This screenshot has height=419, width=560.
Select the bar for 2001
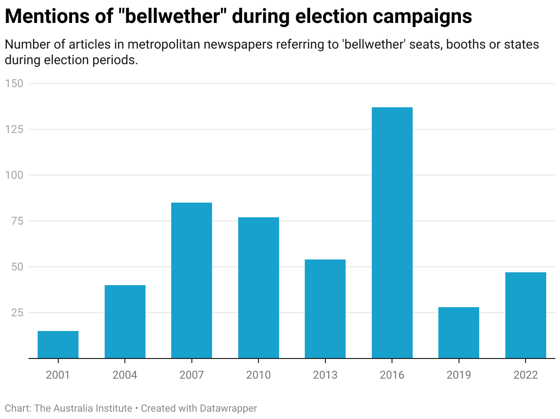point(58,344)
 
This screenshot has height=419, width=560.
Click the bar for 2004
point(125,321)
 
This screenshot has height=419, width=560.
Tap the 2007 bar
point(191,280)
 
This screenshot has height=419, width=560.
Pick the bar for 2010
point(258,287)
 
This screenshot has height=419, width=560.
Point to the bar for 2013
point(325,309)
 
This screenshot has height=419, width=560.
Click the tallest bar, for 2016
point(392,232)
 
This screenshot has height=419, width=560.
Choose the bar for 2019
point(459,332)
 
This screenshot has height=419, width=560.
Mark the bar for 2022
point(526,315)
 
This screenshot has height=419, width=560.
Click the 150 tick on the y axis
point(16,83)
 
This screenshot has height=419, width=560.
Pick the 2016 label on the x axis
point(392,375)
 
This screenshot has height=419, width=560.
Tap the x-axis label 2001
point(58,375)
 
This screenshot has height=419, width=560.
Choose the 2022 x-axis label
point(526,375)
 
